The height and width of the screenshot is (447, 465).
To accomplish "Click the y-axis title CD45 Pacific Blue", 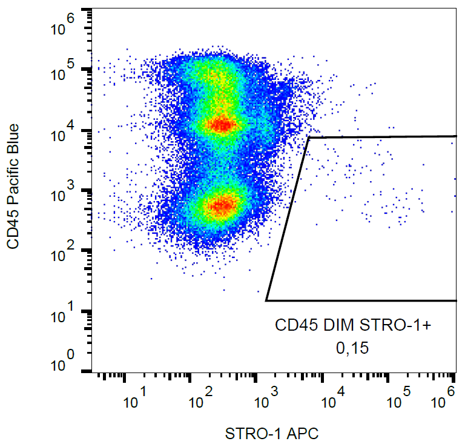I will (x=13, y=187).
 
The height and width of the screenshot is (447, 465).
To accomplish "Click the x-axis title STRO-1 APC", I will (x=271, y=434).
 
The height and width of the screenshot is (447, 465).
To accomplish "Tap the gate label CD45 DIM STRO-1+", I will (x=353, y=326).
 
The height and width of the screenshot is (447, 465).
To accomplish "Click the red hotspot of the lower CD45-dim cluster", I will (x=222, y=205).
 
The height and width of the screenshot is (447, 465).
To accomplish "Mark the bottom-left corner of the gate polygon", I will (x=266, y=300).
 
